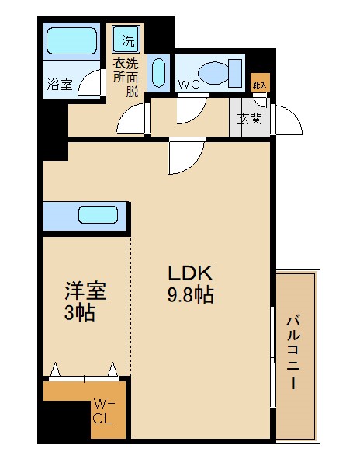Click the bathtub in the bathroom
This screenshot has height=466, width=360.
click(71, 40)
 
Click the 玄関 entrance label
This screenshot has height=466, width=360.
click(249, 119)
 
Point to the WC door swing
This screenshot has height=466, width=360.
click(191, 111)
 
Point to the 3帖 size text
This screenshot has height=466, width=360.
click(79, 315)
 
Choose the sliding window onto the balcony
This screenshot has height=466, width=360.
click(272, 357)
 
